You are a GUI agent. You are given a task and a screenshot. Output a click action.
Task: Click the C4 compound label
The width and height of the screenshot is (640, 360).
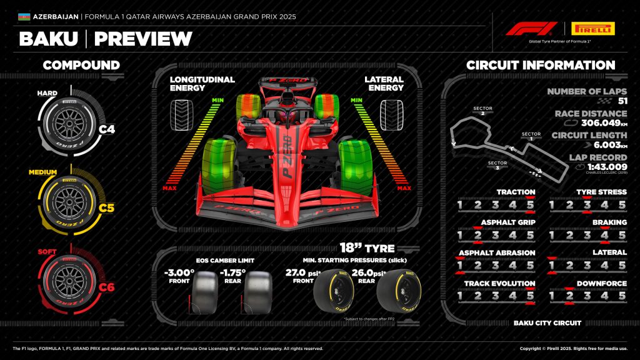[107, 130]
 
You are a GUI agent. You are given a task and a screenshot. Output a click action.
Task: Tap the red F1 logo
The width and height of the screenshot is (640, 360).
[531, 29]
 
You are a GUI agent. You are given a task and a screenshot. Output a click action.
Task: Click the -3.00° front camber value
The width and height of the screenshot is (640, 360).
[179, 273]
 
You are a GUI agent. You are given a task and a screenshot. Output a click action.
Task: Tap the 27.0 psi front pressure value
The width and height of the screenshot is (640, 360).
[297, 273]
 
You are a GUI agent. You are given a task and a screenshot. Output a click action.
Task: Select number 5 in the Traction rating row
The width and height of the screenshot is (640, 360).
[531, 204]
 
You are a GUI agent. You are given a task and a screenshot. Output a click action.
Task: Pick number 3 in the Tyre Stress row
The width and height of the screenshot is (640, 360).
[587, 204]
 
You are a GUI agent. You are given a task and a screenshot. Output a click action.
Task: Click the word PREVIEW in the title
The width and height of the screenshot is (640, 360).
[143, 39]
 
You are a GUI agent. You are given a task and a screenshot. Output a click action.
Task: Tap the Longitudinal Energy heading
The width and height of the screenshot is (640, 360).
[202, 84]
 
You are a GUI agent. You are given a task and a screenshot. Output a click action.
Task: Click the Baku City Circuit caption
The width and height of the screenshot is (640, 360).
[547, 323]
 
